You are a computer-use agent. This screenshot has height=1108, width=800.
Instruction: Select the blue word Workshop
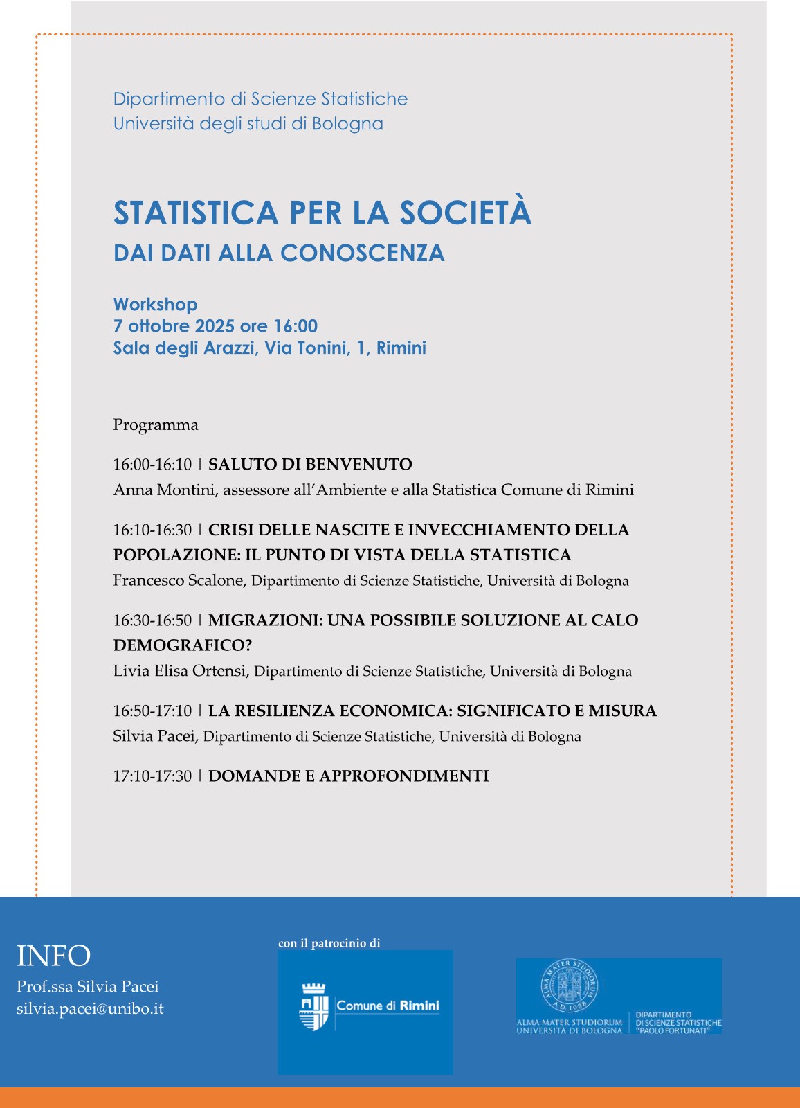click(x=155, y=305)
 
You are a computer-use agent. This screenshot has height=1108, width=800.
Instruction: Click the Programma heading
click(x=156, y=425)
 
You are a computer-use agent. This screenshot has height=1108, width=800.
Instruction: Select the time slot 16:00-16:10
click(x=152, y=464)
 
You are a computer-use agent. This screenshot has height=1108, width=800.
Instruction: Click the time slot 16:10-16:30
click(x=152, y=530)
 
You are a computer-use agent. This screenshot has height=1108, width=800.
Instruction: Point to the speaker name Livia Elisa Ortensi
click(x=180, y=671)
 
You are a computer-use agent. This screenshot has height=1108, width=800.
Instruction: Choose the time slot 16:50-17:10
click(x=152, y=711)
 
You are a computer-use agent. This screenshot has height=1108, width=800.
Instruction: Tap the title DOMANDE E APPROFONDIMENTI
click(x=348, y=776)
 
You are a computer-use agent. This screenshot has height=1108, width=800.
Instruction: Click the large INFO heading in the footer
click(x=53, y=956)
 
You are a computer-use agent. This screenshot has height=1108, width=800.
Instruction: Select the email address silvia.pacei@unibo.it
click(x=90, y=1008)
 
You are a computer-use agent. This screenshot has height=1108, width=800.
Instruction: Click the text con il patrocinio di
click(x=329, y=943)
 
